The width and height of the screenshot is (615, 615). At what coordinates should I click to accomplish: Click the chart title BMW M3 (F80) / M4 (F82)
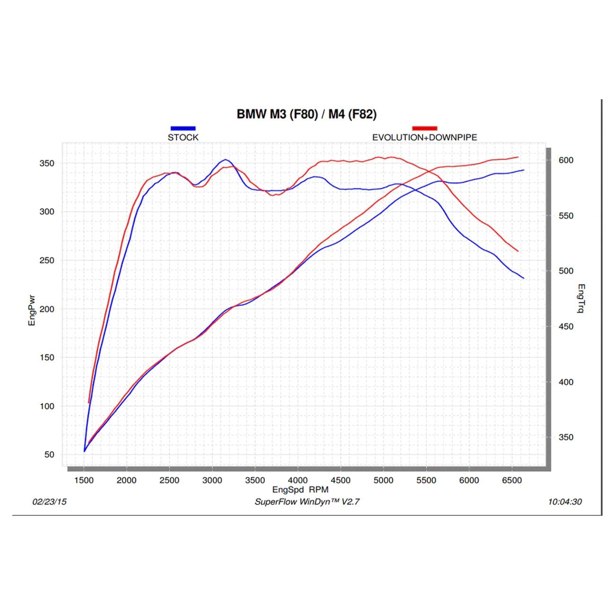point(307,114)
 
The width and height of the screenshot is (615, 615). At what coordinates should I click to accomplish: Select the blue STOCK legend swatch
point(183,128)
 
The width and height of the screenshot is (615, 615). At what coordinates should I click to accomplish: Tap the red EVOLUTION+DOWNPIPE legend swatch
point(424,128)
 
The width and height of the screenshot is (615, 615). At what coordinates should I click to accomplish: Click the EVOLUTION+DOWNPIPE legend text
point(424,138)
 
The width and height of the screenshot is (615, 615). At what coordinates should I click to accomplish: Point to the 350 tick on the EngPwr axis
point(47,163)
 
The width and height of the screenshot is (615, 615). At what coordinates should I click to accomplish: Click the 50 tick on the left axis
point(49,455)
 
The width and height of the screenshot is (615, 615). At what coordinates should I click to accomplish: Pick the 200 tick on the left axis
point(47,309)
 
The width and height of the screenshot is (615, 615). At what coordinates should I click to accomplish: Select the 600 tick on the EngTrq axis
point(566,160)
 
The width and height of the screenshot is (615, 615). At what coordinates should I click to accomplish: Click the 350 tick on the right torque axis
point(566,437)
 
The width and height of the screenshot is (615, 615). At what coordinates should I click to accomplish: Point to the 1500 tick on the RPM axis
point(84,480)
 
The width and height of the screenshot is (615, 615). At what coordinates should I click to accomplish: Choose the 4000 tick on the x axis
point(298,480)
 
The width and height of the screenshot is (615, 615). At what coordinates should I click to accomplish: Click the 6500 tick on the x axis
point(511,480)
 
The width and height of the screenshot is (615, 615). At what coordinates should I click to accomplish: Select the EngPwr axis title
point(32,310)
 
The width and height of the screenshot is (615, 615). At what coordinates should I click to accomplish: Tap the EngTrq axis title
point(581,299)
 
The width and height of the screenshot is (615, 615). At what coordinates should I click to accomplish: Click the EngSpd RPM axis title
point(300,490)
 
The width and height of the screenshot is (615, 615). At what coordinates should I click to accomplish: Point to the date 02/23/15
point(49,502)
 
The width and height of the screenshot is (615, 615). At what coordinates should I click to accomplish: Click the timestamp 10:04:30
point(565,502)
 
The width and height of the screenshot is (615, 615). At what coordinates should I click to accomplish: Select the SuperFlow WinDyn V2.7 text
point(307,502)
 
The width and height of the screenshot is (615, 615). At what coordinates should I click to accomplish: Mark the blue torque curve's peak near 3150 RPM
point(226,160)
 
